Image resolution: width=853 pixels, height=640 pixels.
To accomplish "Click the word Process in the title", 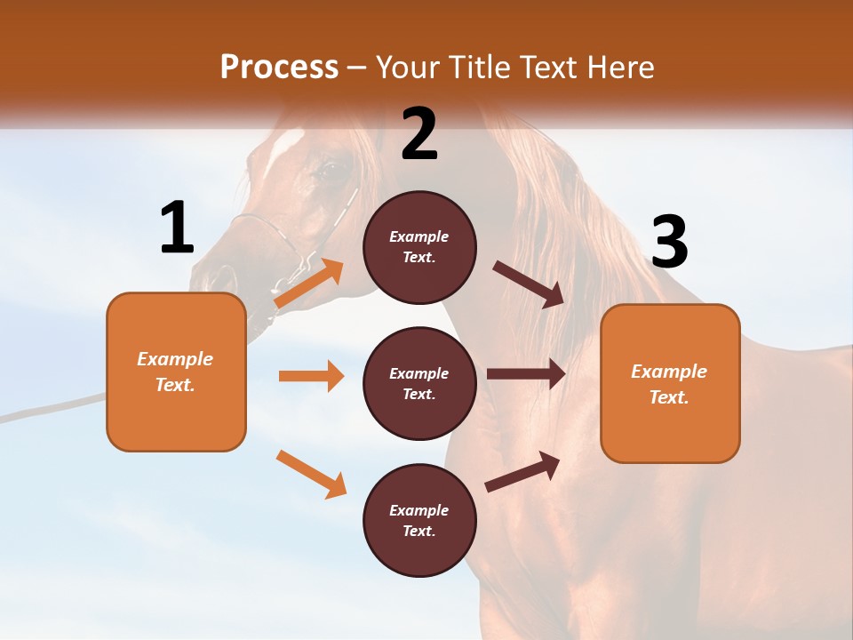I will pyautogui.click(x=279, y=68).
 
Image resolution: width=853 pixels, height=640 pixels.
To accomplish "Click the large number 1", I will pyautogui.click(x=177, y=228).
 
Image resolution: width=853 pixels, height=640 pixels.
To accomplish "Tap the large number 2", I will pyautogui.click(x=419, y=133).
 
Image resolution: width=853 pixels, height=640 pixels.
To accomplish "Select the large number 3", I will pyautogui.click(x=669, y=242).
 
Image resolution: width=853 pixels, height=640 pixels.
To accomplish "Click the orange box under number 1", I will pyautogui.click(x=176, y=372).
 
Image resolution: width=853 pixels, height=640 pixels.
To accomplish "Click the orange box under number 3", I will pyautogui.click(x=670, y=383).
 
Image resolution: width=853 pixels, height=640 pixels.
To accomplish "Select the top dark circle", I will pyautogui.click(x=419, y=247).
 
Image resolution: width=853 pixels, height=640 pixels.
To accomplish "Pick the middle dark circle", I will pyautogui.click(x=419, y=383).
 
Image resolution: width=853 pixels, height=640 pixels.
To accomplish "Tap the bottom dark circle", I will pyautogui.click(x=419, y=520).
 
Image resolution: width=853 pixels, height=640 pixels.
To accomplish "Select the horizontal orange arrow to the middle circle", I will pyautogui.click(x=311, y=376).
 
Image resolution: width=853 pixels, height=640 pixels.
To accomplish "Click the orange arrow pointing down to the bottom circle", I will pyautogui.click(x=311, y=474).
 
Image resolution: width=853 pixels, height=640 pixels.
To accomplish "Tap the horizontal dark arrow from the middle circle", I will pyautogui.click(x=526, y=374).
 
